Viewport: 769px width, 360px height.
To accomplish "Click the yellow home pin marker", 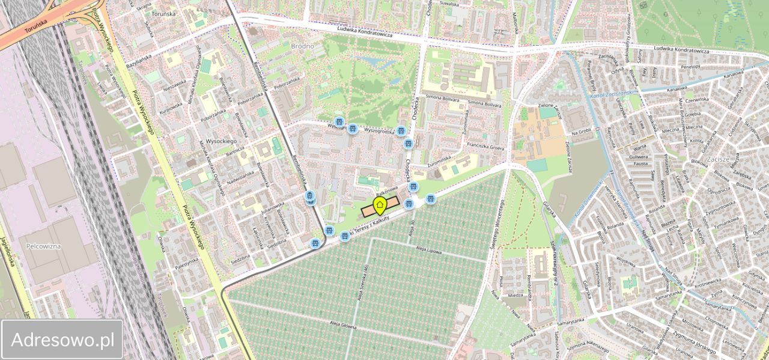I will pos(380,206).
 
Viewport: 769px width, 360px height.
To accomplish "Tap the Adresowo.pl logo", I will pos(62,340).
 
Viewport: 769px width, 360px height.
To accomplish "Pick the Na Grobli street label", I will pos(582,132).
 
